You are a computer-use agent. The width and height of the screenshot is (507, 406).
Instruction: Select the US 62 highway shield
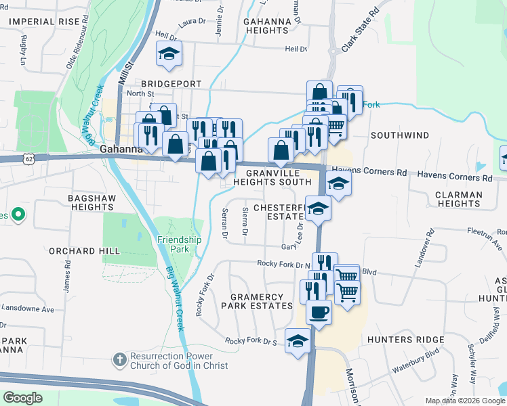click(28, 158)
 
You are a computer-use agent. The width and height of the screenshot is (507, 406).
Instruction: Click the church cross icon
click(119, 359)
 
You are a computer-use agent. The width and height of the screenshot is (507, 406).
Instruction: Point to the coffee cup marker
click(319, 311)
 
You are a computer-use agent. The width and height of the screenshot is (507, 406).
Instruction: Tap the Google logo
click(22, 398)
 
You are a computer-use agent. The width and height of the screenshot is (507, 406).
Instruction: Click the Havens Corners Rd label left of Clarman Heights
click(367, 173)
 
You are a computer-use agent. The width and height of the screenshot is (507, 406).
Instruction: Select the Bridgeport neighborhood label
click(172, 83)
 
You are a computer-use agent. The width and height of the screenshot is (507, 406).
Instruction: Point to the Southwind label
click(399, 135)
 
